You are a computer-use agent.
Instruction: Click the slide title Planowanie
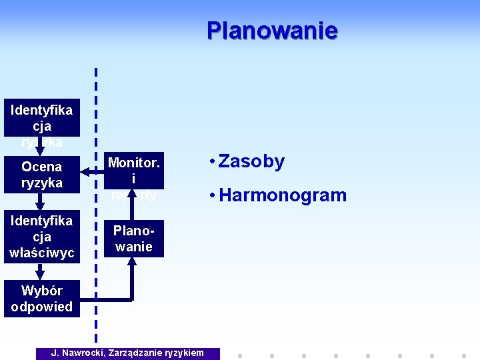[x=272, y=31]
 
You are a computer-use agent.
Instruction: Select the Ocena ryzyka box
[x=41, y=175]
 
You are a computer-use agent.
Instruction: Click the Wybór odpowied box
[x=41, y=299]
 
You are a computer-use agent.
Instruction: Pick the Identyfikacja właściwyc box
[x=41, y=237]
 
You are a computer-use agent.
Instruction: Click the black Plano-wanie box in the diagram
[x=133, y=239]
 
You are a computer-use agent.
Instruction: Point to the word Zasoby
[x=251, y=162]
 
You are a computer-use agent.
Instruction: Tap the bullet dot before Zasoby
[x=211, y=162]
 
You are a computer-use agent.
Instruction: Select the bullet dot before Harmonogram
[x=211, y=195]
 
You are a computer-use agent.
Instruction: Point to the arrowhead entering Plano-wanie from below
[x=132, y=261]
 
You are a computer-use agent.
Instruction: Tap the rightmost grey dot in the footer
[x=463, y=355]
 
